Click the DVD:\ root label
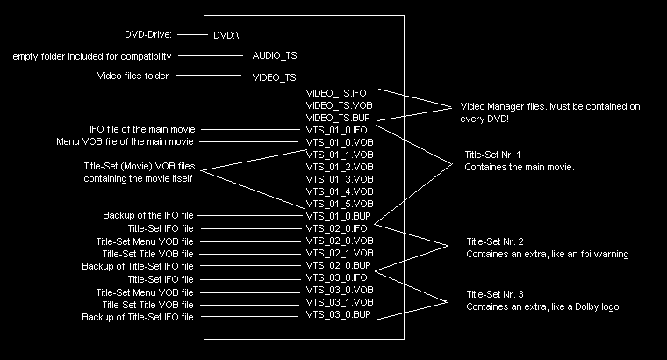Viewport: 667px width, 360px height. [x=226, y=36]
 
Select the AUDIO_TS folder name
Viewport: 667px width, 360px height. [x=274, y=56]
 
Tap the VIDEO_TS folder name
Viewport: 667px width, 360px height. [x=274, y=77]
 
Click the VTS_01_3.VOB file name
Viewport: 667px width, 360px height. [x=340, y=178]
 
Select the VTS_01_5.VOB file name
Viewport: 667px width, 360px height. [x=340, y=203]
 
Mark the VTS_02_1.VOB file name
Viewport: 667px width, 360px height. [x=340, y=253]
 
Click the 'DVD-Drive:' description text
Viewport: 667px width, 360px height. [x=148, y=35]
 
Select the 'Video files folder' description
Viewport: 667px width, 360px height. [x=132, y=76]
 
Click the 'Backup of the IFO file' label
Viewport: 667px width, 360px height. [x=147, y=215]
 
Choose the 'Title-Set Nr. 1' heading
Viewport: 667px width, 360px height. [x=492, y=155]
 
